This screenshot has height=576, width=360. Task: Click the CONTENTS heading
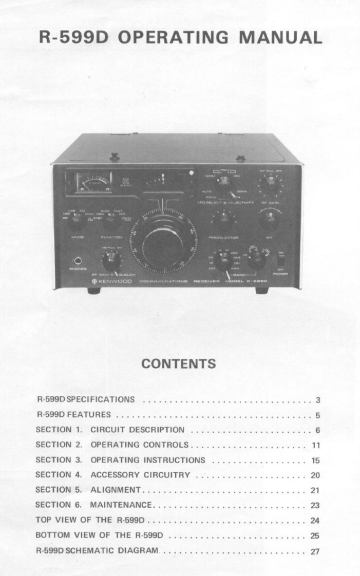(178, 364)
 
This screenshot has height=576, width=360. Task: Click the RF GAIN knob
(269, 184)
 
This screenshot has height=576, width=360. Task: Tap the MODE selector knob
(75, 222)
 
